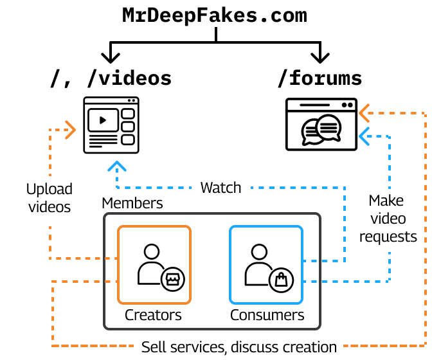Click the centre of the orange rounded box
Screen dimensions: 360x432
click(x=154, y=265)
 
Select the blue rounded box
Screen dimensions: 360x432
click(x=266, y=265)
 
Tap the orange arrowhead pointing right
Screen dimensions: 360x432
click(x=71, y=130)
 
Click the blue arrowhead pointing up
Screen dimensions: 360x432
click(x=117, y=166)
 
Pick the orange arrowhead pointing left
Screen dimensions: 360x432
click(x=364, y=113)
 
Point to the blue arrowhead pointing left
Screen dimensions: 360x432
click(x=364, y=136)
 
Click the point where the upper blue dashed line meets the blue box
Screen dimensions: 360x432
click(x=303, y=261)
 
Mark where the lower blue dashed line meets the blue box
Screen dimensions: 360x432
click(x=303, y=282)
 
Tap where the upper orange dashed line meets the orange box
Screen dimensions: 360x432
click(x=118, y=258)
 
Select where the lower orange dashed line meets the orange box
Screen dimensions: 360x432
click(x=118, y=282)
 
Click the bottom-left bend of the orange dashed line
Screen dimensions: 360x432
click(x=53, y=346)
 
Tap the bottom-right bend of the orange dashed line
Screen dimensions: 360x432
click(x=426, y=346)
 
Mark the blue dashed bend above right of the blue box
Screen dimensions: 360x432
click(x=345, y=188)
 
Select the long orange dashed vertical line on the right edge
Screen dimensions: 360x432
click(x=426, y=231)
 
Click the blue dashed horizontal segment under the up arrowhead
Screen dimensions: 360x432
click(x=154, y=188)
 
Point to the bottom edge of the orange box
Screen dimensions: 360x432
click(x=154, y=303)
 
